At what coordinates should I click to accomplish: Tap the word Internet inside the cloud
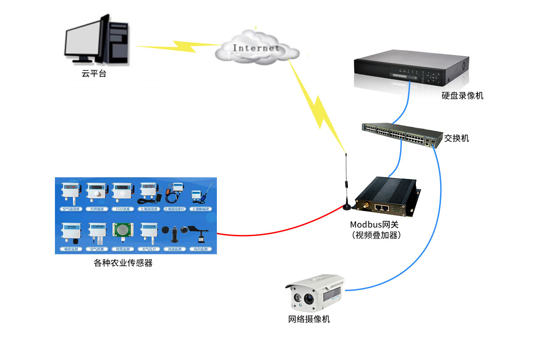(256, 48)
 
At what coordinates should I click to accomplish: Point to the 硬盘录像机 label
(462, 95)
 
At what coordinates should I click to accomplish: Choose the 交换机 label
(456, 138)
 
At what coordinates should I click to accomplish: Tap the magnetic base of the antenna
(347, 207)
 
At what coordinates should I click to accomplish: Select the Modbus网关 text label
(374, 225)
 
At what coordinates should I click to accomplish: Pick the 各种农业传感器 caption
(123, 263)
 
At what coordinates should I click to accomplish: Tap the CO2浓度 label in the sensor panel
(122, 209)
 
